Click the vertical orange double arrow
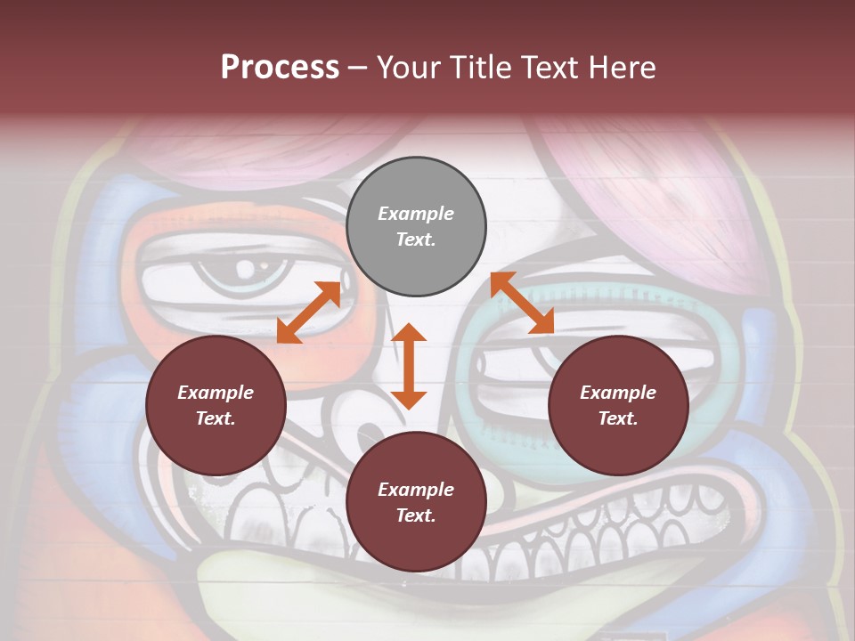pyautogui.click(x=409, y=366)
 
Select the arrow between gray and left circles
pyautogui.click(x=309, y=312)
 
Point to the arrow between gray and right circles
pyautogui.click(x=522, y=303)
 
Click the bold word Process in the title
pyautogui.click(x=280, y=67)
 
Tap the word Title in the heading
pyautogui.click(x=476, y=67)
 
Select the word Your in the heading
pyautogui.click(x=406, y=67)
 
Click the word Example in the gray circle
pyautogui.click(x=416, y=214)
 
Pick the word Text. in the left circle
pyautogui.click(x=216, y=418)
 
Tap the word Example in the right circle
pyautogui.click(x=618, y=393)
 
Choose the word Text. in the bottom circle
pyautogui.click(x=416, y=515)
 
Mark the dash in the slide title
pyautogui.click(x=357, y=68)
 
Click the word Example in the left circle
pyautogui.click(x=216, y=393)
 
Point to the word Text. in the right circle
pyautogui.click(x=618, y=418)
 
